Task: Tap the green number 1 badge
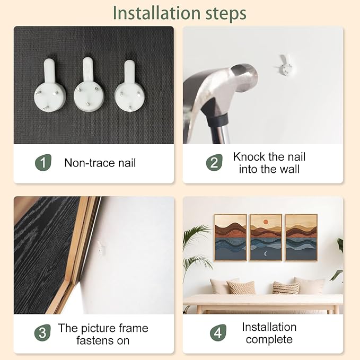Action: (x=43, y=163)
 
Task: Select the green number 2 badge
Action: (x=214, y=163)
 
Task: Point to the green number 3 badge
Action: (x=43, y=332)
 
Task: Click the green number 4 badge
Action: (x=218, y=332)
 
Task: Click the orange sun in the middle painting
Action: (x=266, y=222)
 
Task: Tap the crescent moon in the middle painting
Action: (x=266, y=254)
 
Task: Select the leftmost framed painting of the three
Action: (x=231, y=238)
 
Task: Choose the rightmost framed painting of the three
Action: (x=301, y=238)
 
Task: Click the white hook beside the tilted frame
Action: (x=101, y=248)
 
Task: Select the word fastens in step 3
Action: (x=95, y=340)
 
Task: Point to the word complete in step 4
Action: (x=269, y=339)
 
